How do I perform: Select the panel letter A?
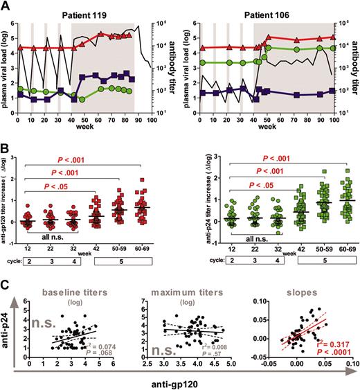click(6, 6)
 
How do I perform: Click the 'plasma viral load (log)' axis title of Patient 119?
click(8, 66)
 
